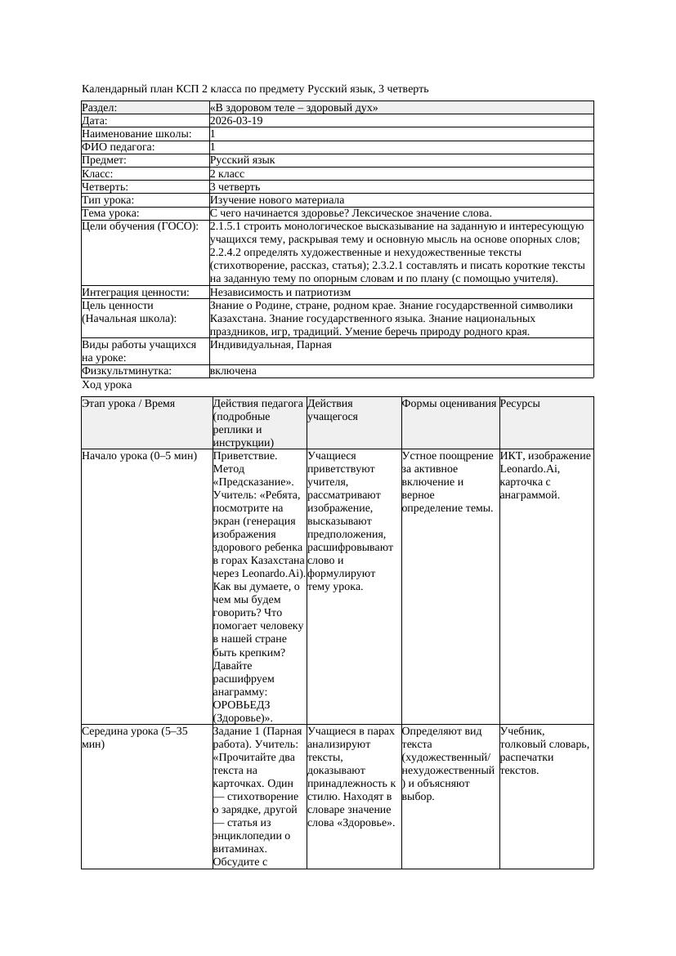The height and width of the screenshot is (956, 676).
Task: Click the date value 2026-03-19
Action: pyautogui.click(x=236, y=120)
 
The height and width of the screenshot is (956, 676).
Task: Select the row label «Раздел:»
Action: pyautogui.click(x=100, y=107)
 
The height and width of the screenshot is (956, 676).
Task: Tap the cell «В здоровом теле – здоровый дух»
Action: pyautogui.click(x=293, y=107)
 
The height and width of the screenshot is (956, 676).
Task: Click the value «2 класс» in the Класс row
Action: pyautogui.click(x=227, y=173)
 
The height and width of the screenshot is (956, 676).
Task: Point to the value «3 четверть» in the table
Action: pyautogui.click(x=235, y=186)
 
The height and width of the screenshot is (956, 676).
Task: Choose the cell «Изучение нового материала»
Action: pyautogui.click(x=277, y=199)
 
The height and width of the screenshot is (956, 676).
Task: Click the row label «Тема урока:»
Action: pyautogui.click(x=110, y=212)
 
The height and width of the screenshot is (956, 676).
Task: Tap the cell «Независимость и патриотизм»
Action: pyautogui.click(x=280, y=292)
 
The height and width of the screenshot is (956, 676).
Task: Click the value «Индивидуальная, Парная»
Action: pyautogui.click(x=271, y=345)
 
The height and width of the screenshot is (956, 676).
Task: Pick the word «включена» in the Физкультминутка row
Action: pyautogui.click(x=233, y=371)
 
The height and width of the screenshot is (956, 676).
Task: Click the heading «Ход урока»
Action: pyautogui.click(x=107, y=384)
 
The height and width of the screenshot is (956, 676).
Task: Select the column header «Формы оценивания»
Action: pyautogui.click(x=449, y=404)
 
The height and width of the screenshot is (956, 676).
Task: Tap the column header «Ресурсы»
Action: pyautogui.click(x=520, y=404)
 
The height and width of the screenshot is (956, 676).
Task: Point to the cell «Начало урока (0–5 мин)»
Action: pyautogui.click(x=140, y=456)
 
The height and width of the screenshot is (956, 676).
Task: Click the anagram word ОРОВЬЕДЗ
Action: pyautogui.click(x=242, y=704)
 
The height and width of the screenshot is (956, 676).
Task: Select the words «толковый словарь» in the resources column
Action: pyautogui.click(x=544, y=744)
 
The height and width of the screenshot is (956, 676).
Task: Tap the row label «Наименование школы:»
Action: pyautogui.click(x=137, y=133)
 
